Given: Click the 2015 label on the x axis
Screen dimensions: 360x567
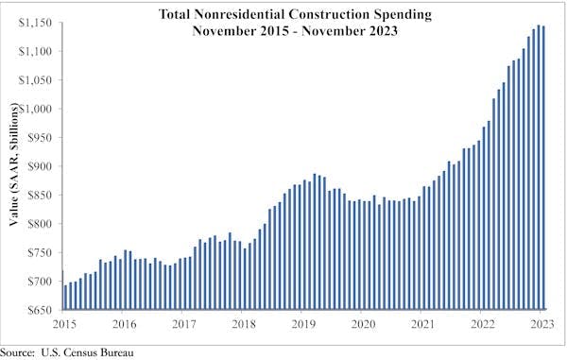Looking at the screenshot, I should [x=64, y=323].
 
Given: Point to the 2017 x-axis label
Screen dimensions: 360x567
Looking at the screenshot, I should [x=184, y=323].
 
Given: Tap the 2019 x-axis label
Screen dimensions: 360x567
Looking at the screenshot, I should [x=303, y=323].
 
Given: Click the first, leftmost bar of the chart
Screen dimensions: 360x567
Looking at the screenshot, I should [x=64, y=290].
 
